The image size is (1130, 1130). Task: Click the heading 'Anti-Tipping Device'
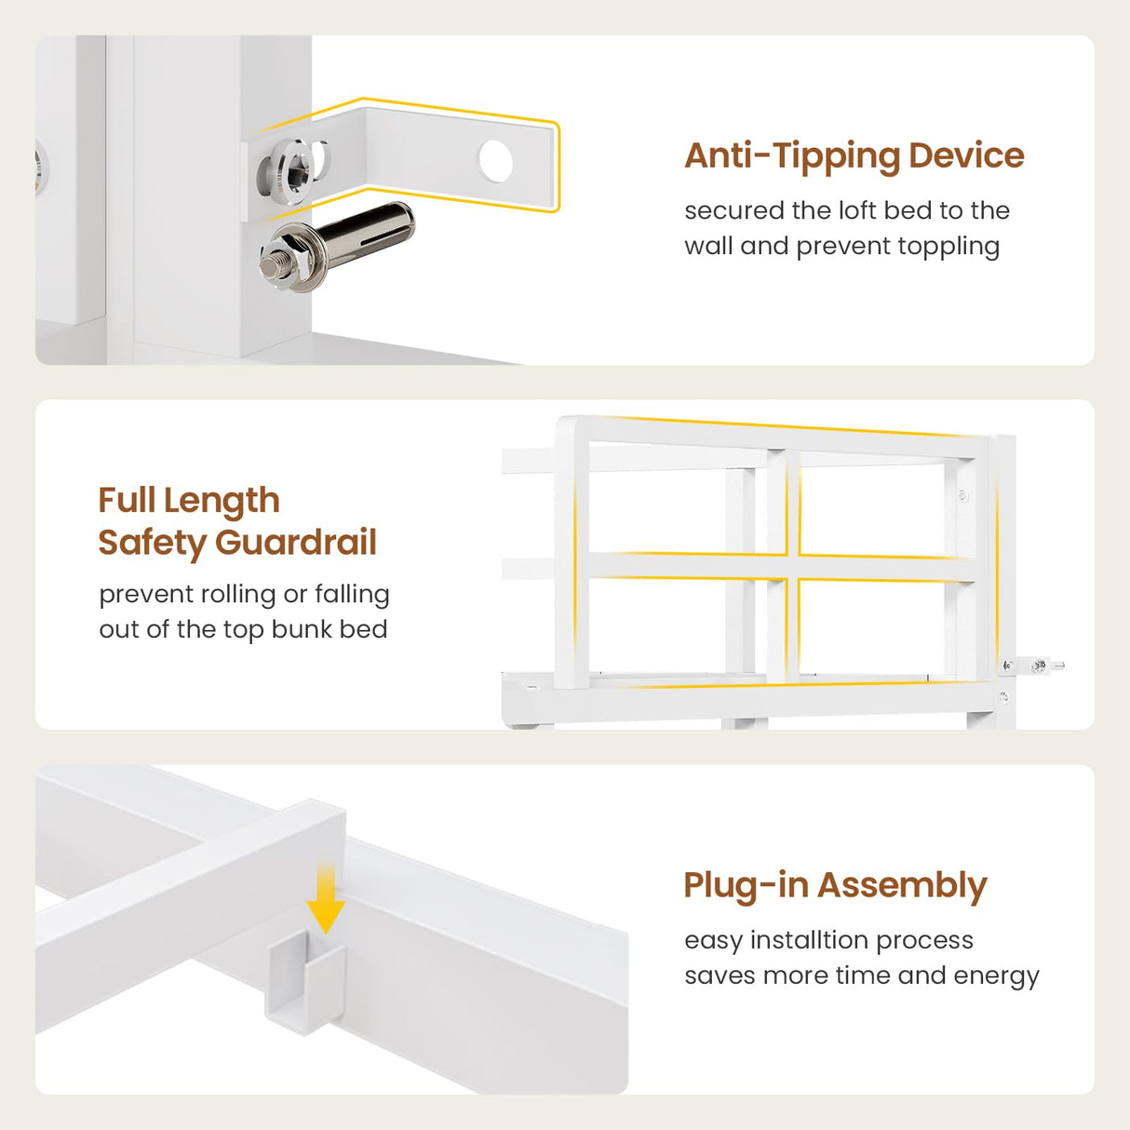854,156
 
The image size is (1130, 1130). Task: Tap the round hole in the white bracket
495,161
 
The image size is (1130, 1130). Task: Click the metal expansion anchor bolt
337,247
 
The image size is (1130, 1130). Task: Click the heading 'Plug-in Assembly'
835,887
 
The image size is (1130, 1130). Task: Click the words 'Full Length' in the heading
189,502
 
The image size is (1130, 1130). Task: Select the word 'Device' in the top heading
966,155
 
